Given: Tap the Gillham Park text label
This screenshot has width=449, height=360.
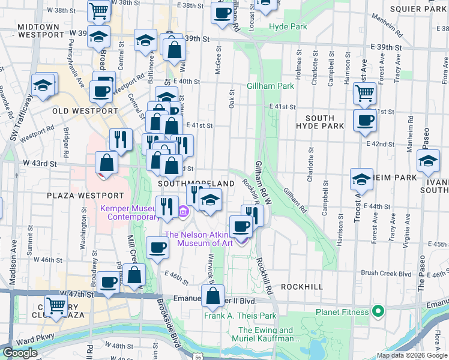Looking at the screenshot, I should tap(270, 86).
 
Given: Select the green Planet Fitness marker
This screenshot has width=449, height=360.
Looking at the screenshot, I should tap(378, 311).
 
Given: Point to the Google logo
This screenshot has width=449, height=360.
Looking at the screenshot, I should tap(20, 353).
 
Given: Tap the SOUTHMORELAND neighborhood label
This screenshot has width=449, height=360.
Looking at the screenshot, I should tap(196, 182).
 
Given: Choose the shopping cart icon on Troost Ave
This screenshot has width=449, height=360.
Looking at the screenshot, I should tap(365, 93).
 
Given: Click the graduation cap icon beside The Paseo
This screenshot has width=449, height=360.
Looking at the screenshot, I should tap(428, 161).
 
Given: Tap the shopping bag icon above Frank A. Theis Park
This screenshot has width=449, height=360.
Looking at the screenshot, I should tap(212, 296).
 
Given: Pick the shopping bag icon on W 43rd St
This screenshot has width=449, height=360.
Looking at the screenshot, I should tap(106, 162).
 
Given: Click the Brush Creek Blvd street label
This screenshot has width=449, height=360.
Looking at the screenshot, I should tap(386, 273).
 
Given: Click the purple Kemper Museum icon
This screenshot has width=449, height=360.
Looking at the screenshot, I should tap(183, 211).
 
